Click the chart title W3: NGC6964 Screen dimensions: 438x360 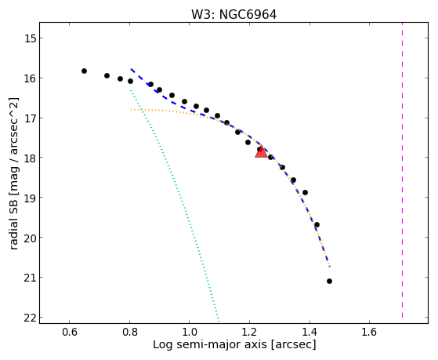click(233, 15)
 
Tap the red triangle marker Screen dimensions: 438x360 click(261, 151)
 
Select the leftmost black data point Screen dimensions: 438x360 click(84, 71)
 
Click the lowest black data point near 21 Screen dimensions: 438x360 click(329, 281)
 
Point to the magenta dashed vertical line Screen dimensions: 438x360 click(402, 170)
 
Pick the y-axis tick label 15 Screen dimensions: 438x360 click(31, 38)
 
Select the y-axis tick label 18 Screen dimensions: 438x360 click(31, 158)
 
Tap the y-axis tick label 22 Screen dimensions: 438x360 click(31, 318)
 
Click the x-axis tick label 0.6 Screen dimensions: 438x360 click(69, 333)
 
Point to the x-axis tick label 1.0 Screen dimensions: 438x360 click(189, 333)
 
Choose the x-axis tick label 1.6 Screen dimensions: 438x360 click(369, 333)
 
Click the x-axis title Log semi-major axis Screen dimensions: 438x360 click(210, 345)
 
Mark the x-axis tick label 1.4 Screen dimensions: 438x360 click(309, 333)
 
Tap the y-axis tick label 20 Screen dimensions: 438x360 click(31, 238)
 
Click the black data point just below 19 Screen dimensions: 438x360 click(305, 192)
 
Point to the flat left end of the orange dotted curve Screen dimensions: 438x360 click(131, 109)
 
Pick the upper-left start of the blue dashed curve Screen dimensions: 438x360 click(131, 69)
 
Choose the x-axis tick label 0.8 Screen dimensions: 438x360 click(129, 333)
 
